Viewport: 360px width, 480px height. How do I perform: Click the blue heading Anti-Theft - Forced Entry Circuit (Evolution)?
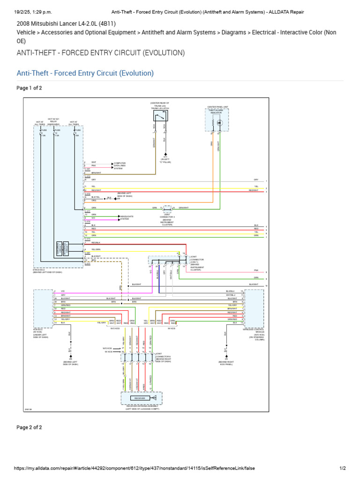click(85, 73)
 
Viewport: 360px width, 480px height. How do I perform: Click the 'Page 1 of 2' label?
click(29, 88)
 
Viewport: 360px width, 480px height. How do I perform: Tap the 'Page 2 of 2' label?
click(29, 427)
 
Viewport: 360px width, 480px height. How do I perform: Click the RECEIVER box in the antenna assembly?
click(140, 398)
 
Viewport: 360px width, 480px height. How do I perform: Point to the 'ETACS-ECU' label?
click(40, 270)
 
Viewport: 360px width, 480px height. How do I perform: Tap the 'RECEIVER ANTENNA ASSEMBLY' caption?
click(142, 407)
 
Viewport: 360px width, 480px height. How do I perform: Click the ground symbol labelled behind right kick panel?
click(225, 356)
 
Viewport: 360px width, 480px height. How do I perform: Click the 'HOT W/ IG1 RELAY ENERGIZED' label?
click(54, 122)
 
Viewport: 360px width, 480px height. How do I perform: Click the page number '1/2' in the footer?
click(342, 468)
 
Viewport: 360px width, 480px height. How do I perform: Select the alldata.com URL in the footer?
click(134, 468)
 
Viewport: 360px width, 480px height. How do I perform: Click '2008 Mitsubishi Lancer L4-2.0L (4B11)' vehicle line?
click(66, 23)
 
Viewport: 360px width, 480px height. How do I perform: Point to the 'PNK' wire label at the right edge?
click(256, 270)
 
